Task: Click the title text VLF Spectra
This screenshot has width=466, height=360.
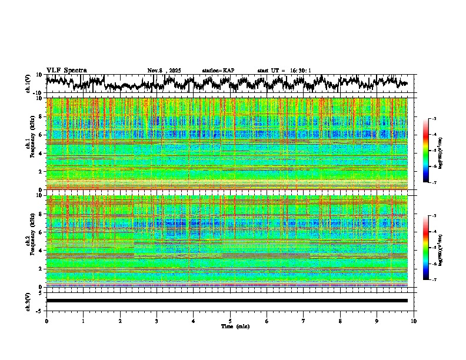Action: pos(66,71)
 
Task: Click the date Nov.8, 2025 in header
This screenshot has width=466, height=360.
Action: pos(164,71)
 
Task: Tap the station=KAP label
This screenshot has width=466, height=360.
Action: pos(218,71)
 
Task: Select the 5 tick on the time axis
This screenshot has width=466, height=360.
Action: pos(230,321)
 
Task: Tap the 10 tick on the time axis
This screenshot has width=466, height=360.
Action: pos(414,321)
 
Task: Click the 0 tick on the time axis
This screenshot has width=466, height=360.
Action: pos(46,321)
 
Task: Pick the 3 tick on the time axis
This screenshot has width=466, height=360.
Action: pos(157,321)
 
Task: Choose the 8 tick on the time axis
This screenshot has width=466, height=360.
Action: pos(340,321)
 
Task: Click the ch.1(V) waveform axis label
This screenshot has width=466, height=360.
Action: pos(29,85)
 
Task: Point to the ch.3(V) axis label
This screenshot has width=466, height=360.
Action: pos(29,301)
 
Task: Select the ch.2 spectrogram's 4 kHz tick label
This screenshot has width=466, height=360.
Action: pos(41,250)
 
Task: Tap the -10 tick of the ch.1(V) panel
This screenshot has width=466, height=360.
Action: pos(37,94)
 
